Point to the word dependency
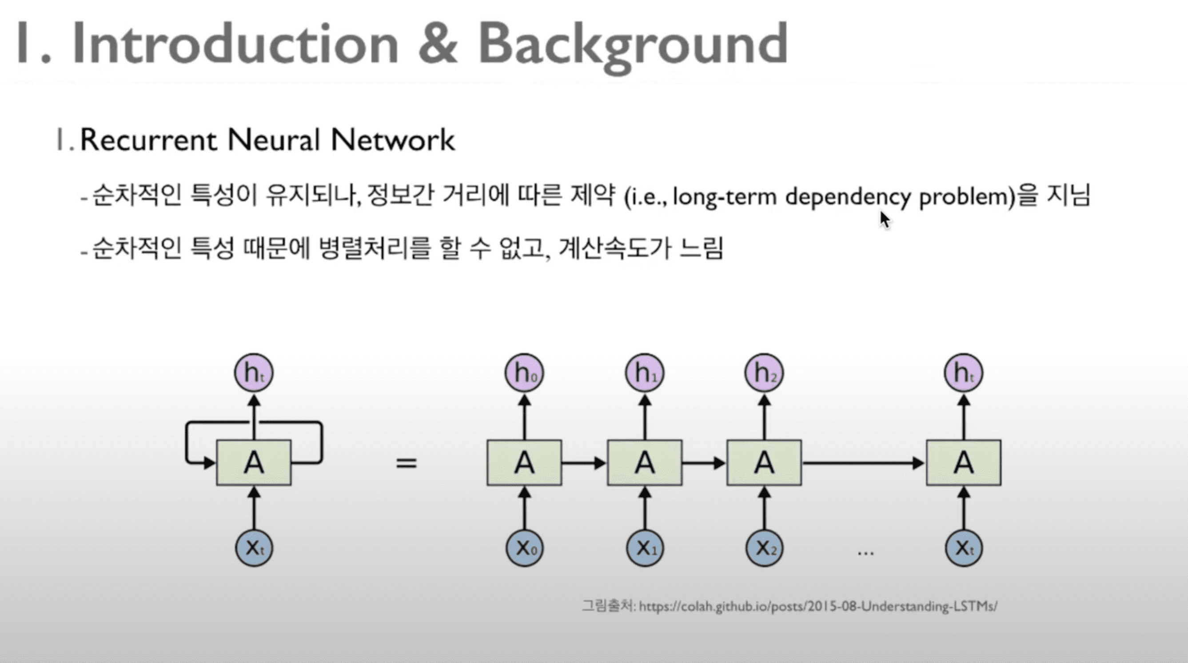pos(848,197)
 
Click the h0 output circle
pos(524,373)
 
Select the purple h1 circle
pos(645,373)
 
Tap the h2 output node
pos(764,373)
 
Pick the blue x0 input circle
pos(524,548)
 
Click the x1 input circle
pos(645,548)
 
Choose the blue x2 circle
pos(764,548)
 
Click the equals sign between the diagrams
pos(407,463)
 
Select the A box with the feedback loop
pos(254,463)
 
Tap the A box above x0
pos(524,463)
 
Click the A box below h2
pos(764,463)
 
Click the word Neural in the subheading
pos(274,140)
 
